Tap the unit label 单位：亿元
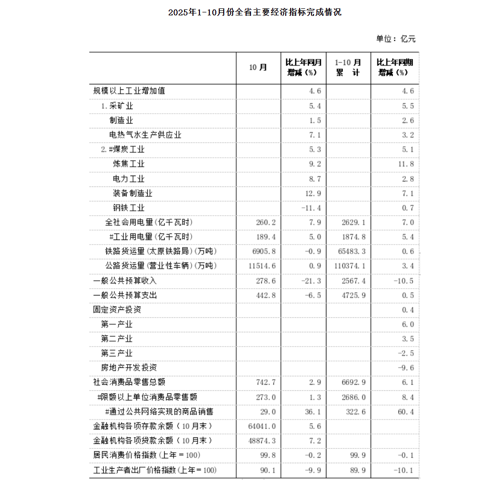[396, 39]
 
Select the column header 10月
[258, 67]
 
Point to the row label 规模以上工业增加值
[129, 91]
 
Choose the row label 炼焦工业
[129, 164]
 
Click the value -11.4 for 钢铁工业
[312, 208]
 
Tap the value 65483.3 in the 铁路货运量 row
[352, 252]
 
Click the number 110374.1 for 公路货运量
[350, 266]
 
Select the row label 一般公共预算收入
[125, 281]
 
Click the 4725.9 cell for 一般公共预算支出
[354, 296]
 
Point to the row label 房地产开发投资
[129, 368]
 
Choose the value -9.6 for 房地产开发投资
[406, 368]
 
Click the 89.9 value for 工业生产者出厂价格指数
[358, 470]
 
